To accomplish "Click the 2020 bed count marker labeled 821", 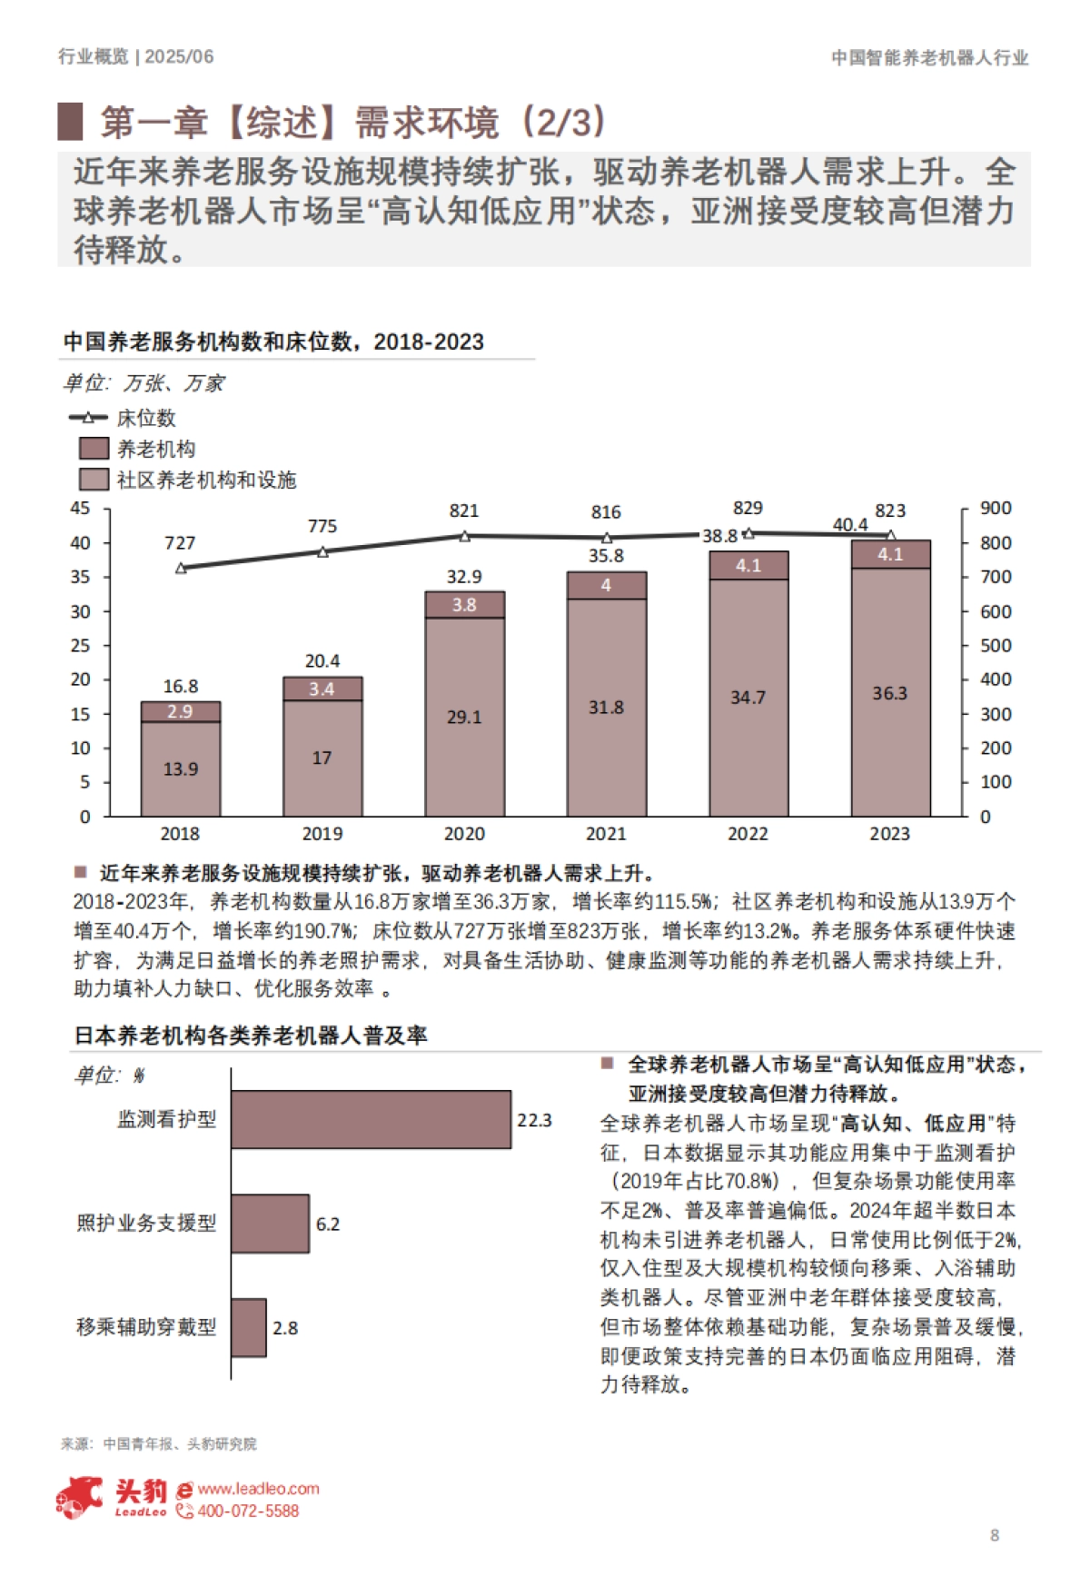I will point(464,536).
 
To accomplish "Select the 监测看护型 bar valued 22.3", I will point(371,1119).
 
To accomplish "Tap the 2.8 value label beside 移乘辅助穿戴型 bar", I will point(285,1328).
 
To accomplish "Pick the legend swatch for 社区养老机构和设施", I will point(94,480).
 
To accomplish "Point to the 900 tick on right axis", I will point(995,509).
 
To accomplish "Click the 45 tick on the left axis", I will point(81,509).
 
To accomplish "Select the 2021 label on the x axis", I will point(606,833).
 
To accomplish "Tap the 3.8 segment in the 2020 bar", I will point(464,605).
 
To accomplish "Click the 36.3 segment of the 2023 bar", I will point(890,692).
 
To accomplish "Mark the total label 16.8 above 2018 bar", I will point(180,686).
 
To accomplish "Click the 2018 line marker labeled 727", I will point(180,568).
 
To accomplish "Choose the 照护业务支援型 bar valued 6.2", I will point(270,1224).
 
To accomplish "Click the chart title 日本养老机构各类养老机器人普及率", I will point(251,1036).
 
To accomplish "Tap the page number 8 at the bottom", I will point(995,1535).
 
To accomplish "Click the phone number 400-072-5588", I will point(247,1512).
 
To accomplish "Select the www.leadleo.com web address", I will point(258,1489).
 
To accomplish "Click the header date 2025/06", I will point(180,56).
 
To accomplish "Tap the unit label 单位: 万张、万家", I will point(143,383).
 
